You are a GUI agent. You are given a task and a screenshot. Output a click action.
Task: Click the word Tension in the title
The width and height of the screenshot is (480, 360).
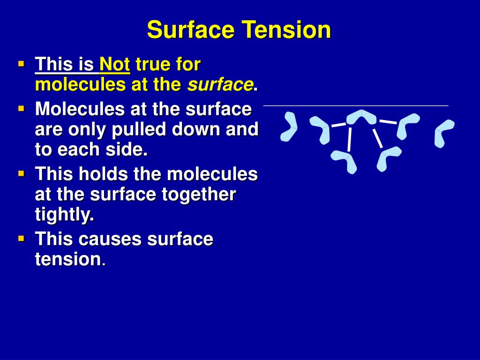click(x=286, y=30)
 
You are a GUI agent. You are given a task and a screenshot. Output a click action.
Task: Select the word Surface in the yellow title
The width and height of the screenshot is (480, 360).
click(x=191, y=30)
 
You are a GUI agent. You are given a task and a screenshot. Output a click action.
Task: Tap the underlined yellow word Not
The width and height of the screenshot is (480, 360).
click(x=114, y=64)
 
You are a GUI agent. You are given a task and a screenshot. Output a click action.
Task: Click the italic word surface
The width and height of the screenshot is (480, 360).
click(x=220, y=84)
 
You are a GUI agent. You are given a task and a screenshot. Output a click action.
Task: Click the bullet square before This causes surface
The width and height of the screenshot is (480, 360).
click(x=21, y=239)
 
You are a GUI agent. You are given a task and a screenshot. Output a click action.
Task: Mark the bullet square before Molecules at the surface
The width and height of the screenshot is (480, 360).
click(x=21, y=109)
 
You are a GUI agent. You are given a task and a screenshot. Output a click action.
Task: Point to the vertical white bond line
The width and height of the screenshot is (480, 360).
click(x=349, y=139)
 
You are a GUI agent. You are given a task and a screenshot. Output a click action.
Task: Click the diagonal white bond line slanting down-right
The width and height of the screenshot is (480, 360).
click(x=377, y=138)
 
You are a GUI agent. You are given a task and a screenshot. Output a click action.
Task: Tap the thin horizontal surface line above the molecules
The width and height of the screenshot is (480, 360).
click(x=356, y=105)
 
